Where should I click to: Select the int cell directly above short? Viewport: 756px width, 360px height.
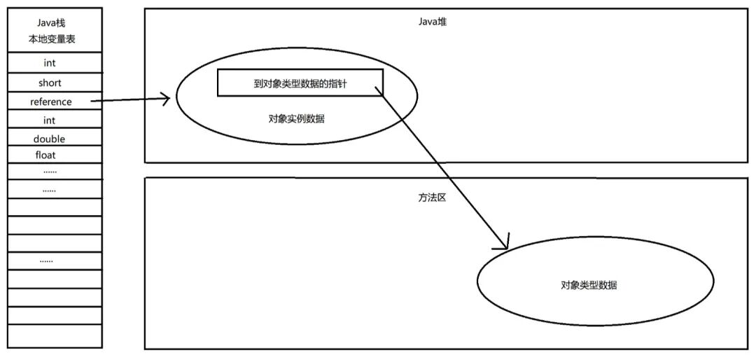49,64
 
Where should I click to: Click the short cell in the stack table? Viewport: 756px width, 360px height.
50,83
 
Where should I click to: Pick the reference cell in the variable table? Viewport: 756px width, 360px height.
50,102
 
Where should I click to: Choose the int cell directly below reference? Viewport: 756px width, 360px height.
49,120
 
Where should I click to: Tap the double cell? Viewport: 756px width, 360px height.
49,139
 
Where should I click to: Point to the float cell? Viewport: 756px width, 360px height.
45,155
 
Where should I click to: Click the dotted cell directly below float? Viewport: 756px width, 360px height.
49,171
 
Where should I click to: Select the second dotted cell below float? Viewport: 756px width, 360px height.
49,190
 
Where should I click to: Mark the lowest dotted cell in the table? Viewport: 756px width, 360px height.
47,261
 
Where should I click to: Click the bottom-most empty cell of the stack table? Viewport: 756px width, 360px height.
53,337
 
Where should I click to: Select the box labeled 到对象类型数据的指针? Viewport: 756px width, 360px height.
300,83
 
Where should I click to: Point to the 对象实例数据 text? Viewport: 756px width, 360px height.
296,119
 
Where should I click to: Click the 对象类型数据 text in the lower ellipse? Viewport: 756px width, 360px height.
589,285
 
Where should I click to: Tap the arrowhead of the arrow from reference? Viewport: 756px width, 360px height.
166,99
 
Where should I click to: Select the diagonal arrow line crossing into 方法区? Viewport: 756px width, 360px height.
441,168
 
